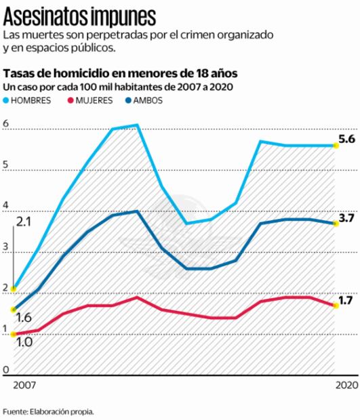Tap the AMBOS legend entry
pyautogui.click(x=146, y=100)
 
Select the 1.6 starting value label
pyautogui.click(x=23, y=318)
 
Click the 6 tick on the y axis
pyautogui.click(x=6, y=124)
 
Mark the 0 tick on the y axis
pyautogui.click(x=6, y=370)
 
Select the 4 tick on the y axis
pyautogui.click(x=6, y=206)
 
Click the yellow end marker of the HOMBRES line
pyautogui.click(x=335, y=146)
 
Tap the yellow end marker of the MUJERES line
pyautogui.click(x=335, y=305)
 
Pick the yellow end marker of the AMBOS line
pyautogui.click(x=335, y=224)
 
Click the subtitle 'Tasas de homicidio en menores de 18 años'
pyautogui.click(x=121, y=73)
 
